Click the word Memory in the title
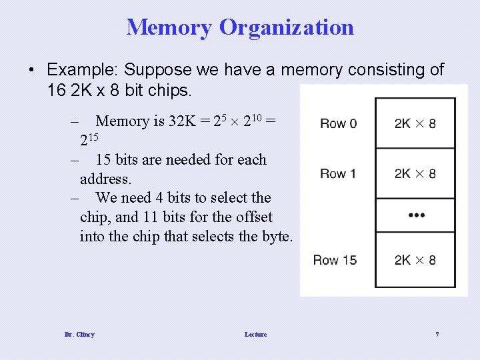[169, 27]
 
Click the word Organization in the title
[286, 28]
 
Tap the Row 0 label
[338, 123]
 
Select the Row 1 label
[338, 173]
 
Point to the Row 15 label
[335, 260]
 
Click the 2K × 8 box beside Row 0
[415, 123]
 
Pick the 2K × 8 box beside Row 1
[415, 173]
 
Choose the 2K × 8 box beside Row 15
[415, 260]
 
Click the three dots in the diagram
[415, 215]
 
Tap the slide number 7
[437, 334]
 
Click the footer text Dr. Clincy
[80, 334]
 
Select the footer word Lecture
[255, 334]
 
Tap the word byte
[275, 236]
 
